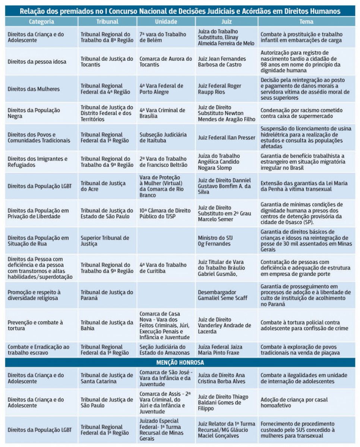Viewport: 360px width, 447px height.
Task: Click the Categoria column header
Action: tap(41, 22)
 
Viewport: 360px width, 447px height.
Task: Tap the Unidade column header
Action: tap(166, 22)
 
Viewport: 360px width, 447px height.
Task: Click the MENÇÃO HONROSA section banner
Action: tap(180, 362)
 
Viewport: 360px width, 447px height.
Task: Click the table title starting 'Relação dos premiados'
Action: tap(180, 11)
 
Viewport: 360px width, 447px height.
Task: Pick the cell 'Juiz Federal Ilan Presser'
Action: tap(227, 137)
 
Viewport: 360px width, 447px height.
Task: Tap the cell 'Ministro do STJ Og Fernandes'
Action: tap(215, 241)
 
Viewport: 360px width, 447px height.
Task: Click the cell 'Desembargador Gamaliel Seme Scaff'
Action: tap(222, 295)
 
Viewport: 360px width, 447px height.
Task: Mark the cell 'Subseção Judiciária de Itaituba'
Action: tap(163, 137)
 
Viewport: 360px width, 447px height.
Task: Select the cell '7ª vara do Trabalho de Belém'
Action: tap(162, 37)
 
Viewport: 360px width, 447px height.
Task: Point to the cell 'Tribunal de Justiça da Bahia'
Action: tap(107, 325)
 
